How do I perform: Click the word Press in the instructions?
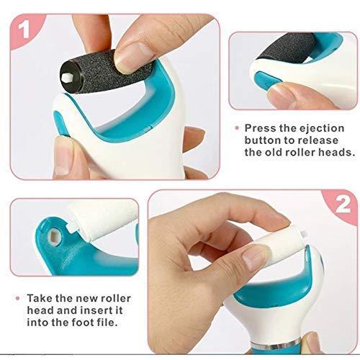[262, 127]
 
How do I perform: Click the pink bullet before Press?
[237, 127]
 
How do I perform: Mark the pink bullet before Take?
[15, 297]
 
